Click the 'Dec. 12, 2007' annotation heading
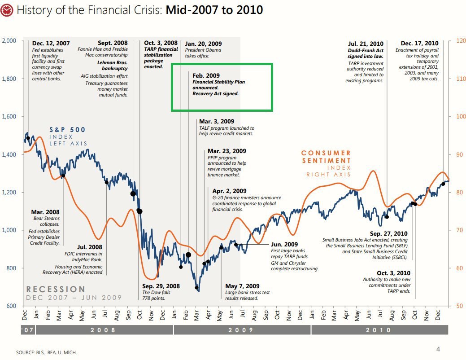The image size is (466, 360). click(x=51, y=44)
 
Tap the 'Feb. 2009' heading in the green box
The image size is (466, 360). click(x=206, y=76)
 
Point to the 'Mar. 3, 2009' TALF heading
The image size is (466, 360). click(x=217, y=122)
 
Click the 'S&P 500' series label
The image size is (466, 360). click(x=67, y=130)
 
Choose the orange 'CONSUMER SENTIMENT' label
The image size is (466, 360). click(x=326, y=157)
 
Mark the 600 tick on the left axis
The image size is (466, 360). click(x=11, y=306)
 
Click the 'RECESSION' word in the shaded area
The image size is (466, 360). click(x=56, y=290)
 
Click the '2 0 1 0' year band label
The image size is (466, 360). click(x=379, y=330)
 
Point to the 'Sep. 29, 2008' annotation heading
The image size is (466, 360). click(x=161, y=286)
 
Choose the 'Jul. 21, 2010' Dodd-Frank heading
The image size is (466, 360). click(x=366, y=44)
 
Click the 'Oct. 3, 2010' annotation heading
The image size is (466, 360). click(x=393, y=273)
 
